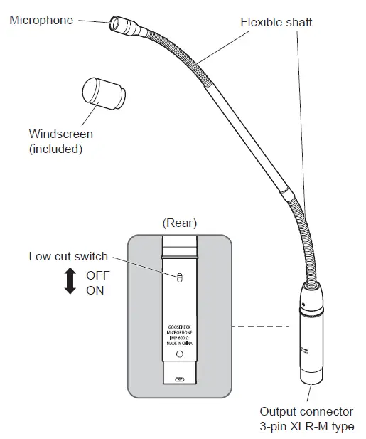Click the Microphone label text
coord(41,20)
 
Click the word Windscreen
coord(60,134)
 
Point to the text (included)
coord(56,149)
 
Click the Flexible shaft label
coord(277,22)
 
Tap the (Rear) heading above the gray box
coord(179,223)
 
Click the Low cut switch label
coord(68,257)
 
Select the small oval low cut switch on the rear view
coord(179,277)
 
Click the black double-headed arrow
coord(70,282)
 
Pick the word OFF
coord(98,275)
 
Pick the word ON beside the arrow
coord(95,290)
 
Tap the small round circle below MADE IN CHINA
coord(179,354)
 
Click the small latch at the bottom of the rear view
coord(179,379)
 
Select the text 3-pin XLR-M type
coord(306,426)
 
